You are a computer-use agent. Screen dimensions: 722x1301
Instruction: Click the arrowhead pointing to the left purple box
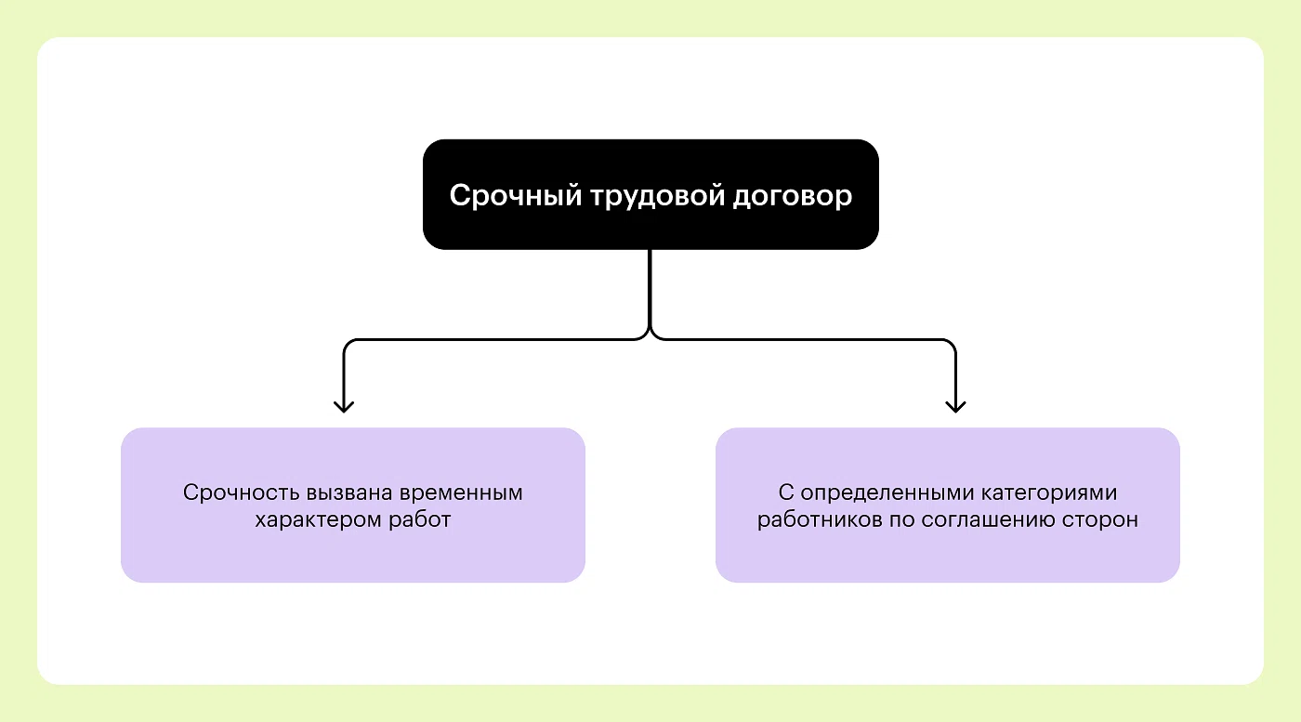click(x=344, y=406)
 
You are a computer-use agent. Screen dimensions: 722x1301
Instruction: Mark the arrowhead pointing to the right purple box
click(x=955, y=406)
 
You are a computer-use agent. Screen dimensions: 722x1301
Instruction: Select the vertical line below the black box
click(x=650, y=288)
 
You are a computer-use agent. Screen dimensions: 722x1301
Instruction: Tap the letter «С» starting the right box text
click(x=784, y=492)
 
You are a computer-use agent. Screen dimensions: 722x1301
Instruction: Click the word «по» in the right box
click(x=900, y=519)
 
